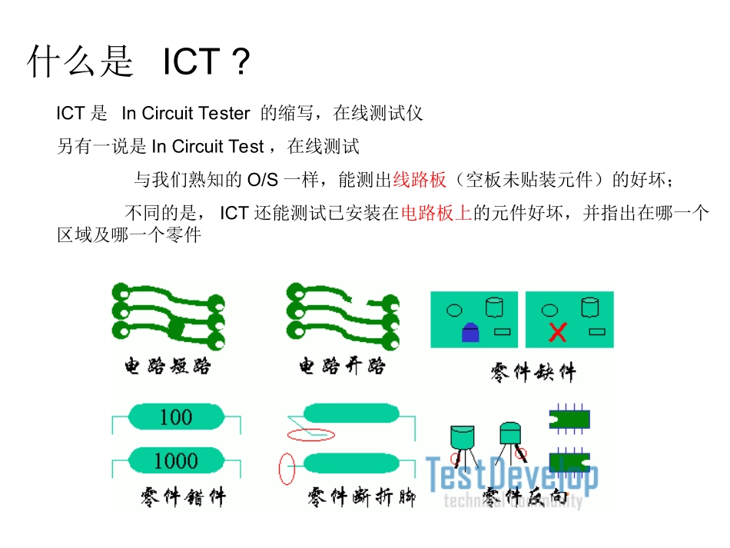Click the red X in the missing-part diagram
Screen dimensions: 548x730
coord(558,332)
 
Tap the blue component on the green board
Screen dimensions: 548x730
coord(470,332)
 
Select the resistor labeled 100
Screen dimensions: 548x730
coord(176,417)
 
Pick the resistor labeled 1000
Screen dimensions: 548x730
coord(176,461)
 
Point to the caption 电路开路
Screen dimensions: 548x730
coord(342,367)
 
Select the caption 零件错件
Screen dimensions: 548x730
coord(183,497)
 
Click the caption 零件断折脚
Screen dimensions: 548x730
coord(361,497)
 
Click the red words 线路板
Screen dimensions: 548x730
coord(420,181)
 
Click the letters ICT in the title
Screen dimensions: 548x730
coord(192,62)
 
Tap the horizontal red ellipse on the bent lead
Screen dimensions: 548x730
coord(311,435)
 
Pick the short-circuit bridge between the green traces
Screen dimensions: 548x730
coord(178,328)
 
